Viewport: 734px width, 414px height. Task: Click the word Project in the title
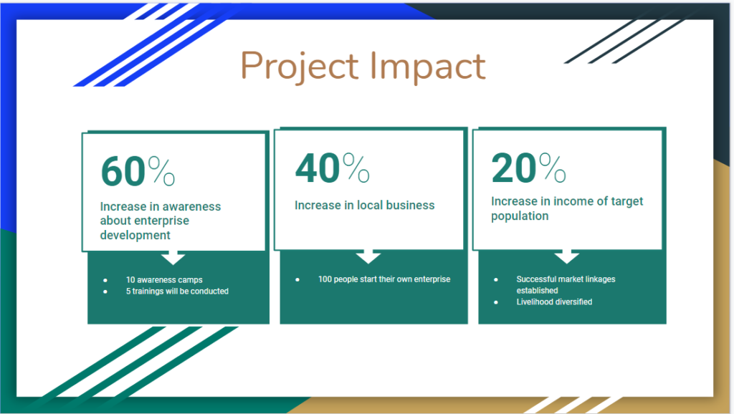(300, 67)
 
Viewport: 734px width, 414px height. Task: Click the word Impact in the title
(428, 67)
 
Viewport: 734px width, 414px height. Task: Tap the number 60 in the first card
(123, 171)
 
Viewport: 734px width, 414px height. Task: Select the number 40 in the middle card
(318, 168)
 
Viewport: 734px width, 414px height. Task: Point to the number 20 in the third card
(513, 168)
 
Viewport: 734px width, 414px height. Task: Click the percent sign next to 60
(161, 170)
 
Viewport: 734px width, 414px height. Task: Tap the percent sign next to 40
(356, 167)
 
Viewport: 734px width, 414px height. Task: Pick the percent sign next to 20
(553, 167)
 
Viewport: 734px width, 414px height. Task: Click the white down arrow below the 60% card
(173, 257)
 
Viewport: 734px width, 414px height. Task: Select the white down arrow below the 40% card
(368, 256)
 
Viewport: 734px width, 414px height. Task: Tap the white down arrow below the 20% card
(567, 256)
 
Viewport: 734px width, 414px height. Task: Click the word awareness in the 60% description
(191, 207)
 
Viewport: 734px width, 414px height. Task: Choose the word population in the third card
(520, 216)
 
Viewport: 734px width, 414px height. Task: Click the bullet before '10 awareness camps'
(105, 280)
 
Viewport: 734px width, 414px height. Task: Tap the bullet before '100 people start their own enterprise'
(297, 280)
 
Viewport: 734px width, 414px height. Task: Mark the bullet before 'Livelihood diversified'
(496, 302)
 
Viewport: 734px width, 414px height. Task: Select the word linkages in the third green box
(600, 279)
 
